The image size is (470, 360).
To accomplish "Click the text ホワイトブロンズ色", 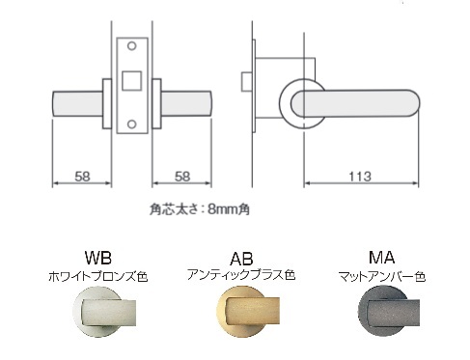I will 98,276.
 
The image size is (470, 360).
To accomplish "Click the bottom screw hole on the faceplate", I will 133,123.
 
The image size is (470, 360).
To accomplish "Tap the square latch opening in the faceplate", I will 133,77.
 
